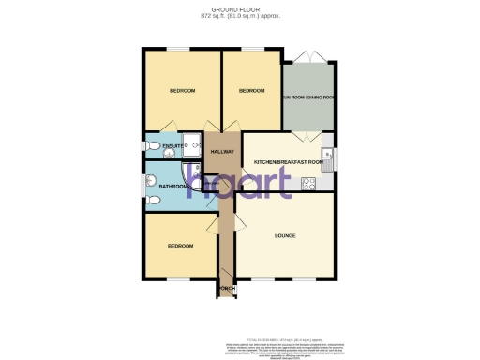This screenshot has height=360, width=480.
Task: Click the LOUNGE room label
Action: pos(285,236)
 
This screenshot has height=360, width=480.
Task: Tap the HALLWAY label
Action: pos(222,151)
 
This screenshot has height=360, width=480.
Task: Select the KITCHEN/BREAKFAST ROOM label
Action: pos(288,163)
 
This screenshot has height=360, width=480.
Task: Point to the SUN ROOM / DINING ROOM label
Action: pos(308,97)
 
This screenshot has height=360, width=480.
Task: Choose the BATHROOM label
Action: pos(172,187)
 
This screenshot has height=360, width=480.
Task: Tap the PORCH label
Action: pos(226,289)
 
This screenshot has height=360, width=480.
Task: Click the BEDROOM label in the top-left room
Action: pos(182,91)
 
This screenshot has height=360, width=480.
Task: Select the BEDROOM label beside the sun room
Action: pos(251,91)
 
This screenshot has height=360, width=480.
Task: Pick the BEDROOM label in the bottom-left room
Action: pos(180,246)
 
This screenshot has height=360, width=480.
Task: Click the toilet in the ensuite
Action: pos(152,146)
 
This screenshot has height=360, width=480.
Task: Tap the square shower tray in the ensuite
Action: pos(192,145)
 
